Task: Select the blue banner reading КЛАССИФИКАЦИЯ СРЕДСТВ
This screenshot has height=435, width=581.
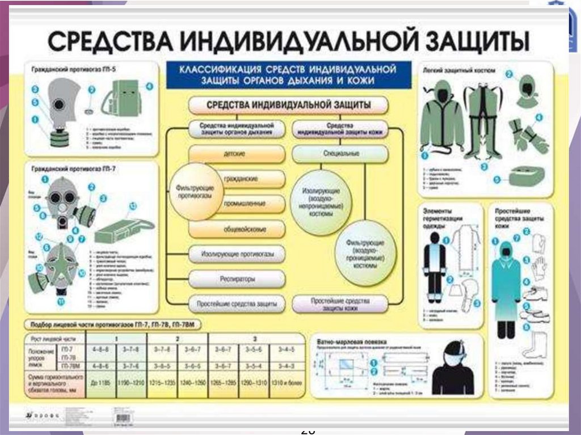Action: click(288, 75)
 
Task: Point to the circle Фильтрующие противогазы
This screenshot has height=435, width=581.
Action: click(193, 192)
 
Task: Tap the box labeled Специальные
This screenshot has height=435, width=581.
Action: click(340, 154)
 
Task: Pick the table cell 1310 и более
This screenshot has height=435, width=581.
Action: click(285, 383)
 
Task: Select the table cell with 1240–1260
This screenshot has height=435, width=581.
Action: click(193, 383)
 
